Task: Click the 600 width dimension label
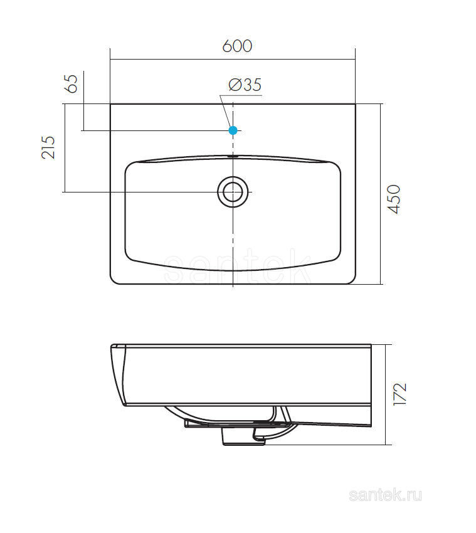pyautogui.click(x=237, y=46)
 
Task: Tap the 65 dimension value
pyautogui.click(x=71, y=83)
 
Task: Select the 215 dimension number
pyautogui.click(x=48, y=147)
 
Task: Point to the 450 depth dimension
pyautogui.click(x=394, y=199)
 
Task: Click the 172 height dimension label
pyautogui.click(x=399, y=394)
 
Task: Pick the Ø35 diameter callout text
pyautogui.click(x=245, y=85)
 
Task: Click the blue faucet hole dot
pyautogui.click(x=233, y=130)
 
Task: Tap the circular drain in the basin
pyautogui.click(x=233, y=192)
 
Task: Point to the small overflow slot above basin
pyautogui.click(x=233, y=156)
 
